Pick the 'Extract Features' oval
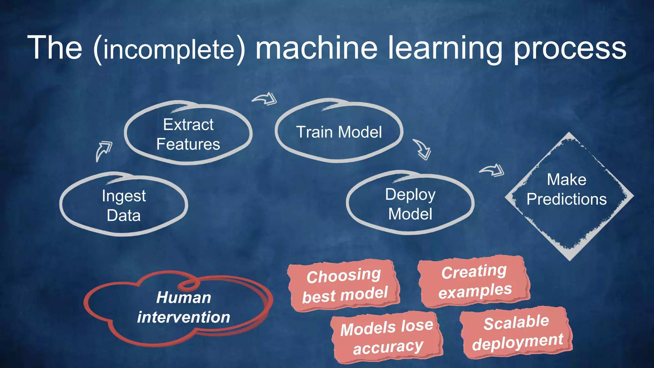coord(188,134)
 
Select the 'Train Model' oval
coord(339,132)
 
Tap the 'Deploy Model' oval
coord(410,204)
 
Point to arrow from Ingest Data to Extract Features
coord(103,151)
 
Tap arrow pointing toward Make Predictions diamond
coord(492,170)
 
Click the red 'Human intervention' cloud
coord(179,307)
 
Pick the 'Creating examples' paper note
coord(475,281)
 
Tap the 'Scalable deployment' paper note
coord(517,332)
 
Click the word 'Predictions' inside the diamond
coord(567,199)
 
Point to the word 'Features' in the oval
coord(188,144)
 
